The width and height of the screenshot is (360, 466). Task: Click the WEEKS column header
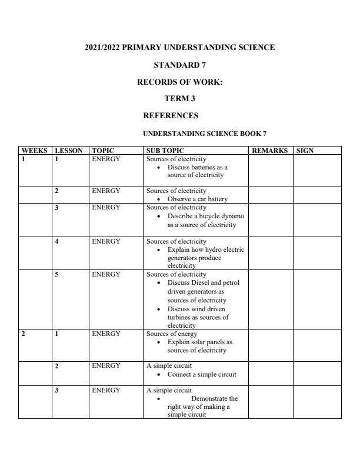tap(34, 151)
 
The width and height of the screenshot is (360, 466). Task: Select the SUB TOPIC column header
tap(165, 151)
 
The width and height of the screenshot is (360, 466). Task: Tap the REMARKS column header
tap(269, 151)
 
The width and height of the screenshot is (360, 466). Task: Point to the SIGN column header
tap(305, 151)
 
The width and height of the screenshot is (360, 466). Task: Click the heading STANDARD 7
tap(179, 65)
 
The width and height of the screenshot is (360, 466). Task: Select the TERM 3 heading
tap(179, 99)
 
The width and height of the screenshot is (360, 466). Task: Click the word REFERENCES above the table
tap(171, 115)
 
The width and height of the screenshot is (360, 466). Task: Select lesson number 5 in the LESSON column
tap(56, 274)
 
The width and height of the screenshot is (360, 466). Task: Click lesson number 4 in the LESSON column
tap(56, 241)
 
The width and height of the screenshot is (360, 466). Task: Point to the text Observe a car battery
tap(197, 199)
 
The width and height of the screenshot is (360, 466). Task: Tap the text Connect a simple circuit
tap(202, 374)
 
